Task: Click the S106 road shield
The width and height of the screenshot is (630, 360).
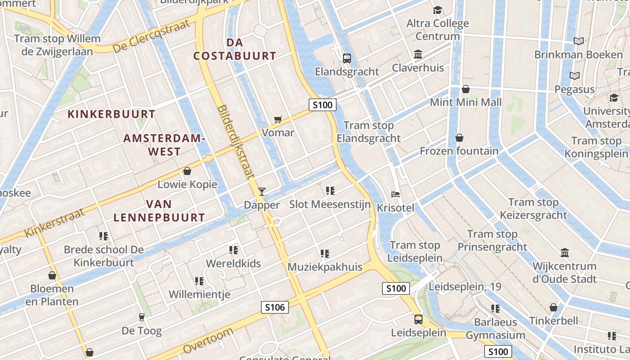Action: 274,307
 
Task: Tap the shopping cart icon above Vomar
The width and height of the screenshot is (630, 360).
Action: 278,119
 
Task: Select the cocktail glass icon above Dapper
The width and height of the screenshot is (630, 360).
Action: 262,192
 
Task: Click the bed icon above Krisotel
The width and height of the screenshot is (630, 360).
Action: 396,194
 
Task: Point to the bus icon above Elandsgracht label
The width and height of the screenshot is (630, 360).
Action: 347,58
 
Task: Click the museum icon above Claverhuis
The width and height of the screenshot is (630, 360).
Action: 418,54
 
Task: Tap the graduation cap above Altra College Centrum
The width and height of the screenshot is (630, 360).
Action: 437,10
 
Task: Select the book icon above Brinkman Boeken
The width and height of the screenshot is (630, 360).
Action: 579,41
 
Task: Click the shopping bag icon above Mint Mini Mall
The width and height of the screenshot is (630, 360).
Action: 466,89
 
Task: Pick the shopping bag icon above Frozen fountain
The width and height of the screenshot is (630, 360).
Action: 459,138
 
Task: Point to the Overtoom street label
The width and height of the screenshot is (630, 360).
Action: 208,341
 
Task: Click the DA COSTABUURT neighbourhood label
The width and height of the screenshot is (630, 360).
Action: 234,49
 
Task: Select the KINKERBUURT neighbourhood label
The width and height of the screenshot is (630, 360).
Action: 111,114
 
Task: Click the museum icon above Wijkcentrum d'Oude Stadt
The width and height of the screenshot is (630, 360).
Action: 565,252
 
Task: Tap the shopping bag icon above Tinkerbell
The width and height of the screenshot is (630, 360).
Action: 553,307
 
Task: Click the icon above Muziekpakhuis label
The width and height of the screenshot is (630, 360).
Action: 325,254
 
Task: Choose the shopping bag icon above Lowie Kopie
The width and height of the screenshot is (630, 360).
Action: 187,171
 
